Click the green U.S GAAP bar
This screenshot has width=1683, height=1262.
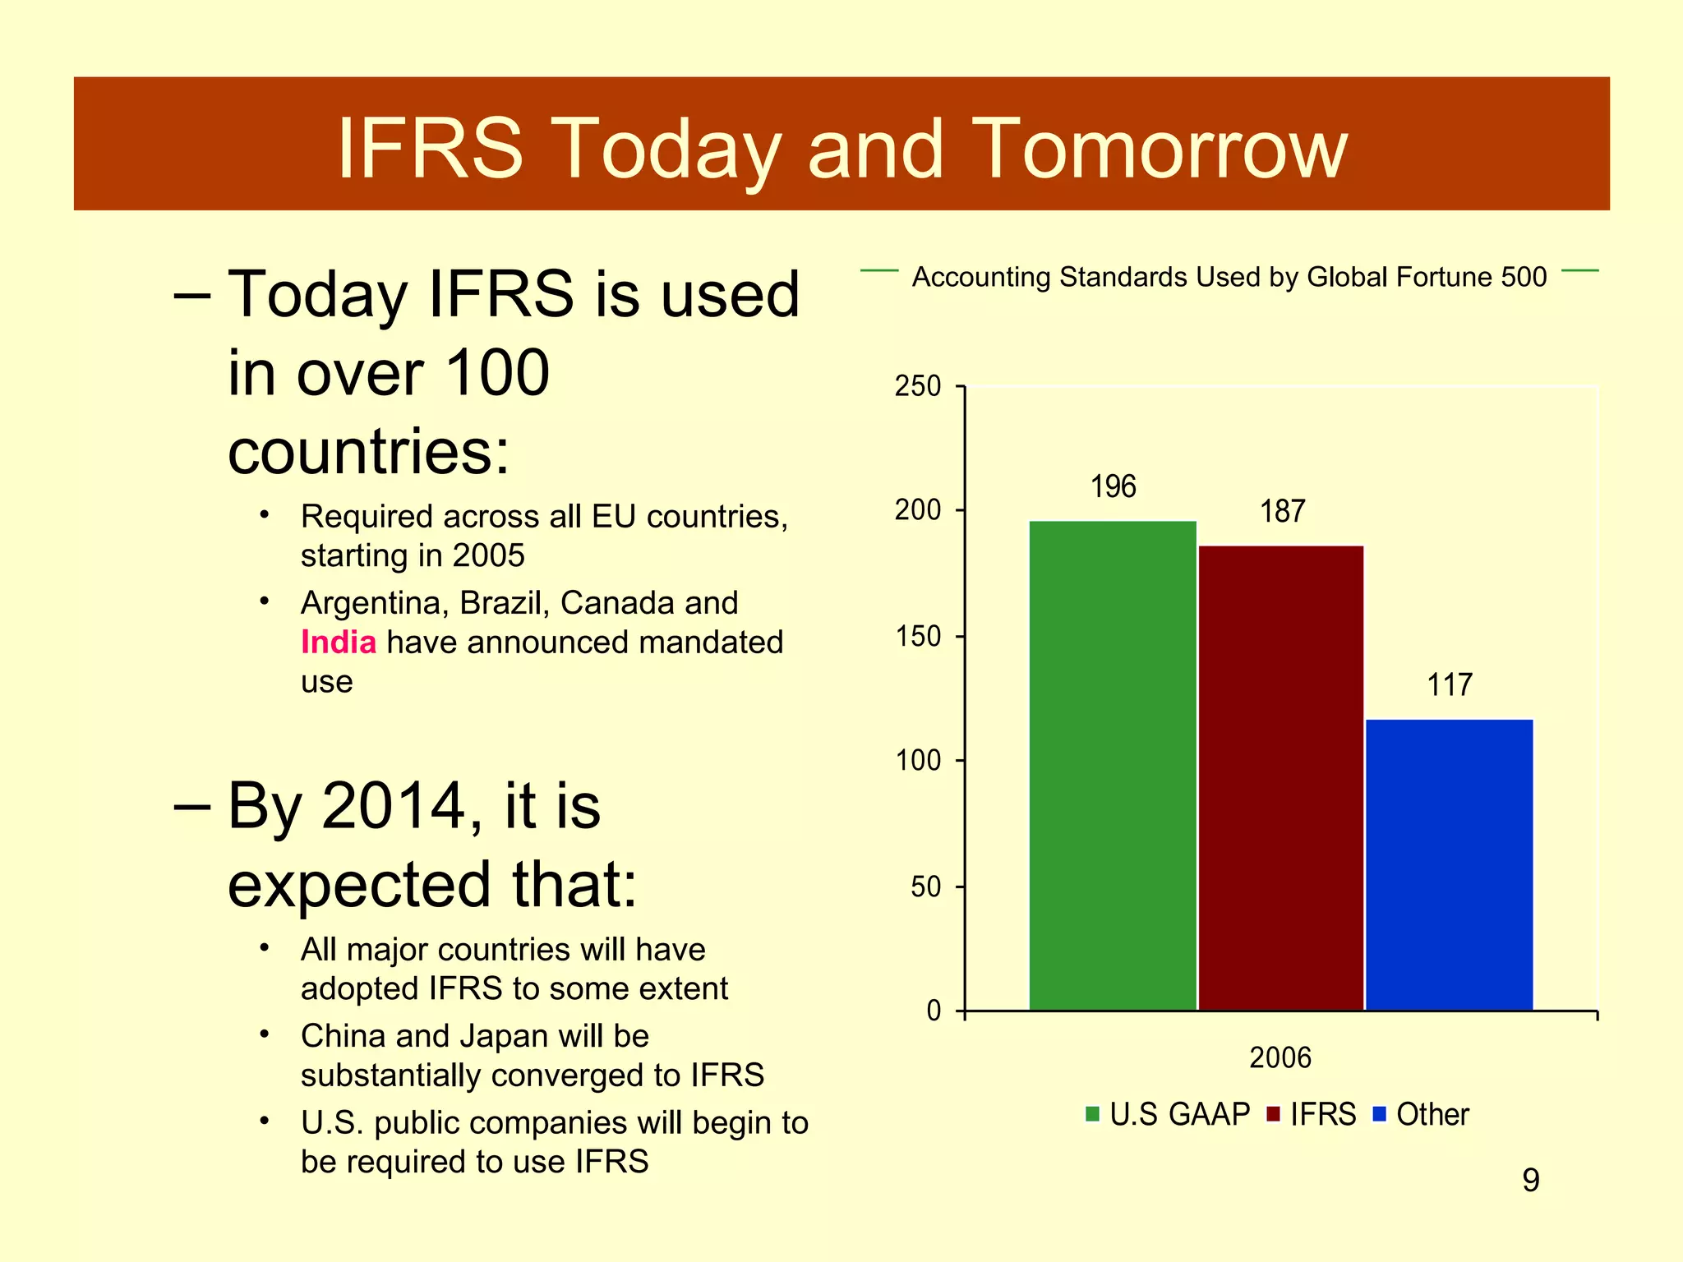(1113, 764)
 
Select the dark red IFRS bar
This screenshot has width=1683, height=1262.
(1281, 776)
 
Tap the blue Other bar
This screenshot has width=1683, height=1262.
(1450, 863)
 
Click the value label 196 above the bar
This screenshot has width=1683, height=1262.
(1113, 487)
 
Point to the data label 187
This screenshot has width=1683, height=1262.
(1282, 512)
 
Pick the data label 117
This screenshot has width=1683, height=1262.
(1450, 685)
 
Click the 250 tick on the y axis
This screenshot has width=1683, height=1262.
(918, 386)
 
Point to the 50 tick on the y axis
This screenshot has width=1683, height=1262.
(926, 887)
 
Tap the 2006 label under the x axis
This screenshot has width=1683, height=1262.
(1280, 1057)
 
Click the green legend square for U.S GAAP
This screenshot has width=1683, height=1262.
(1092, 1114)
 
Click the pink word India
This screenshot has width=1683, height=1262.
(339, 642)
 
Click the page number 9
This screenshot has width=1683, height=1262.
(1530, 1181)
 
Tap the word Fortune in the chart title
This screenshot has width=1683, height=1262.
(1444, 277)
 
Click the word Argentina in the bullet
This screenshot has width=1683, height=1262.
(375, 603)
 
